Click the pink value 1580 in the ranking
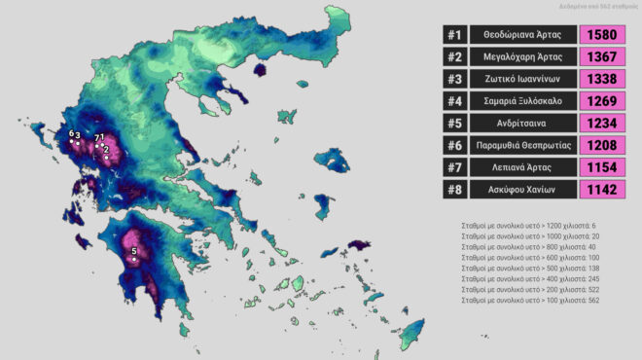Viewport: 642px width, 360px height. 603,35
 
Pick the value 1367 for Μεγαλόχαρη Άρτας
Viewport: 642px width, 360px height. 603,57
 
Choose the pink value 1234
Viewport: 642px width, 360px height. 603,124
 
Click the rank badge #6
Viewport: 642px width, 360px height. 454,145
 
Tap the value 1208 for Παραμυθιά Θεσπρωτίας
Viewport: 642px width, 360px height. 603,145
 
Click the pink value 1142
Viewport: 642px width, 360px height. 603,190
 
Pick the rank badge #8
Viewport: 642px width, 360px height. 454,190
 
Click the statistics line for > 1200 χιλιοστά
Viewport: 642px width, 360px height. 528,225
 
